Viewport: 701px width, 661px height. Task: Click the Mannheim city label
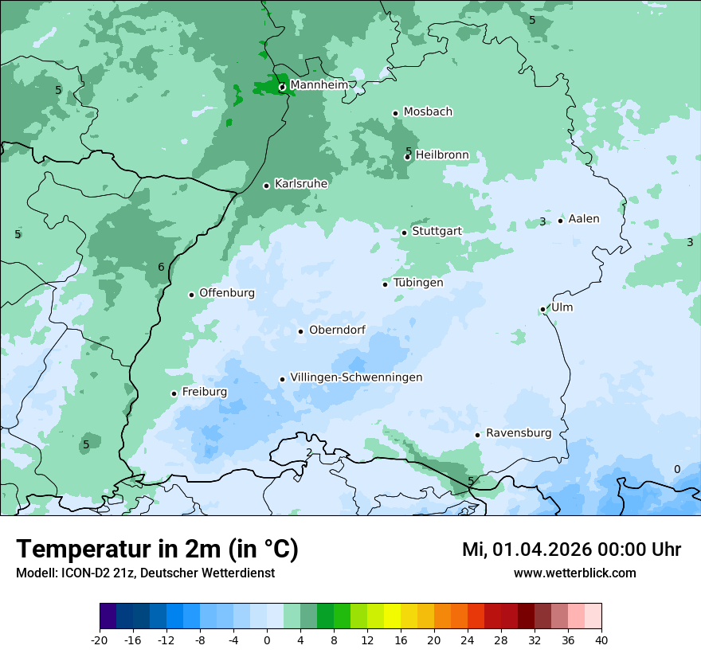pos(319,84)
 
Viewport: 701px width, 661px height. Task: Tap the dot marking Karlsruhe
pos(267,186)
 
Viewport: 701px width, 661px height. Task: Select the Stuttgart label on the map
pos(437,231)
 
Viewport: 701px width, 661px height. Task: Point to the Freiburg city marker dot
pos(174,393)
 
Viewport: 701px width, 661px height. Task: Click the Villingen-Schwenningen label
pos(356,377)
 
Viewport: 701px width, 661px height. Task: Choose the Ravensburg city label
pos(519,433)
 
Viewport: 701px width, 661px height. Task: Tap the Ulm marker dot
pos(543,309)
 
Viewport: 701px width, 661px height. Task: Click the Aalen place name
pos(584,219)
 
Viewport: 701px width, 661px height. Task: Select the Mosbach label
pos(428,112)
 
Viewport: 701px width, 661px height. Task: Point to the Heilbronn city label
pos(442,155)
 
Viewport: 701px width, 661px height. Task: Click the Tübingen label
pos(418,283)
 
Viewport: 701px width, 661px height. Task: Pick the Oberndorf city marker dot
pos(300,331)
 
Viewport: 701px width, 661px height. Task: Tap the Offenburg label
pos(227,293)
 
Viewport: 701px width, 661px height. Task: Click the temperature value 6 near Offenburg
pos(161,267)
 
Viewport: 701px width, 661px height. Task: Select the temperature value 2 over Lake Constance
pos(309,453)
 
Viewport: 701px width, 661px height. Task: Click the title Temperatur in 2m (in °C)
pos(157,549)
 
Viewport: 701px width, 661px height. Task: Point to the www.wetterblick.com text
pos(574,573)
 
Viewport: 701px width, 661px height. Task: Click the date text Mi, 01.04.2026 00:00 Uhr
pos(571,550)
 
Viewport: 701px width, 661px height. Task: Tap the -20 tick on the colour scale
pos(100,639)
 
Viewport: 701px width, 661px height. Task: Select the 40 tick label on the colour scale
pos(601,639)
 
